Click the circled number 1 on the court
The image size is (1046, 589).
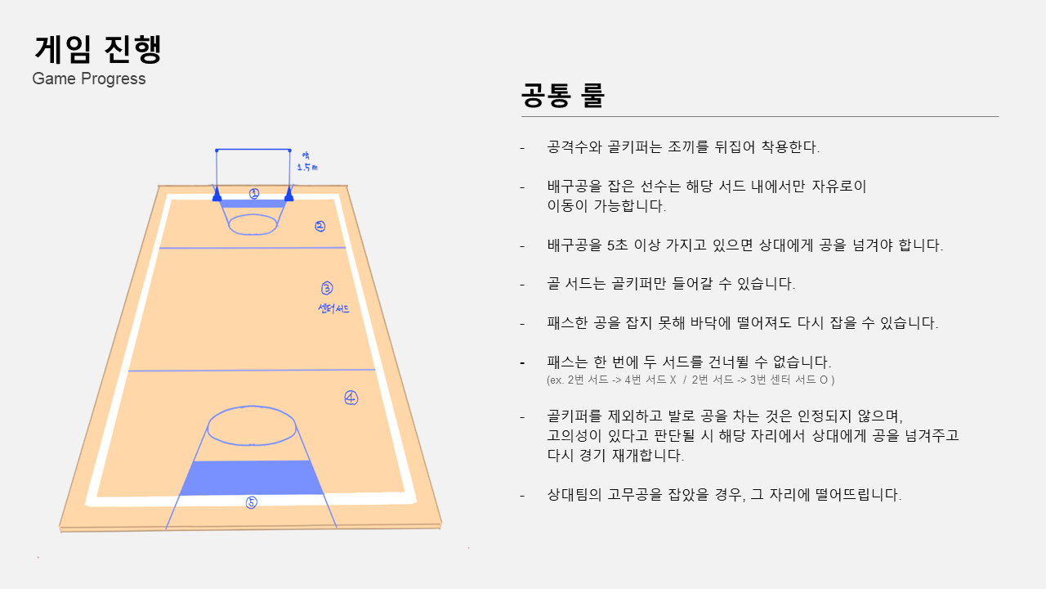(x=254, y=194)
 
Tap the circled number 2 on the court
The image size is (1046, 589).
(x=320, y=227)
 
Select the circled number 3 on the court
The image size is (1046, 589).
(x=327, y=288)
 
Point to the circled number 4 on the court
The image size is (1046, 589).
(x=351, y=398)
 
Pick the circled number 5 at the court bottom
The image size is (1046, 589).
(x=252, y=502)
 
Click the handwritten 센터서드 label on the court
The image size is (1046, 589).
(x=333, y=308)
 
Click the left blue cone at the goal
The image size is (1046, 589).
(x=217, y=196)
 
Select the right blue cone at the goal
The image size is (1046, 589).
(x=289, y=196)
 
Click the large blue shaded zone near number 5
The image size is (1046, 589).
(x=249, y=477)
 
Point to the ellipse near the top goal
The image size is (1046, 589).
(x=253, y=223)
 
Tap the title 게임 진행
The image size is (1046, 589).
(x=98, y=49)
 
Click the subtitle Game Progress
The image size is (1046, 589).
(x=89, y=79)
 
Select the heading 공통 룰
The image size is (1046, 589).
(x=562, y=97)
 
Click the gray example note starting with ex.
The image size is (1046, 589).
(x=691, y=380)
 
